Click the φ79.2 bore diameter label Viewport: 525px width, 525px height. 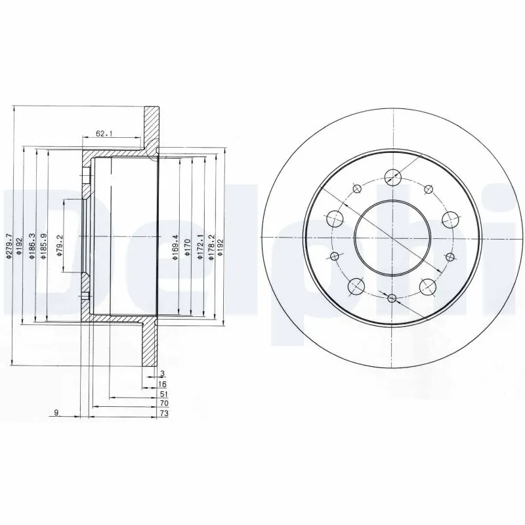tap(60, 244)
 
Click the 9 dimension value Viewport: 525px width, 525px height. tap(58, 412)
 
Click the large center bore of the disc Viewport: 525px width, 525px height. tap(392, 238)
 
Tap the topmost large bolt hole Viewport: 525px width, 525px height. tap(392, 176)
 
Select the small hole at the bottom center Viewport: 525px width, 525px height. tap(392, 299)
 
